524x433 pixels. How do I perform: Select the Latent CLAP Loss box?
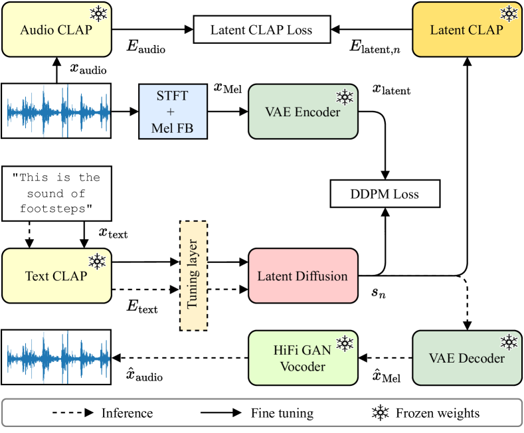(x=261, y=30)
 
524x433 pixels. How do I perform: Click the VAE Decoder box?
(x=467, y=358)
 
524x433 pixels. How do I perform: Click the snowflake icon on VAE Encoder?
(x=345, y=98)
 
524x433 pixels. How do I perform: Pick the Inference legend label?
(x=127, y=413)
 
